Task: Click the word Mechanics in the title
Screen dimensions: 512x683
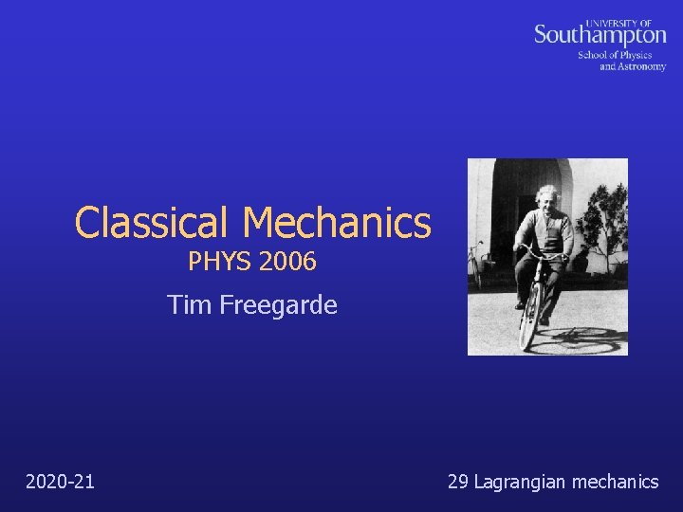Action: pos(337,224)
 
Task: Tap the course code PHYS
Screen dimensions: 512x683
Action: pos(219,262)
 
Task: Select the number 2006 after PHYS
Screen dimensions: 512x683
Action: pos(286,262)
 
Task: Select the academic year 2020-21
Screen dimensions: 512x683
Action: pos(61,482)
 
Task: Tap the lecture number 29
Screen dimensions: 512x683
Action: pos(457,482)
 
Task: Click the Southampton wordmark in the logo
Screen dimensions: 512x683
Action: pos(600,36)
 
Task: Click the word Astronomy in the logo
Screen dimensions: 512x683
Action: pos(643,66)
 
